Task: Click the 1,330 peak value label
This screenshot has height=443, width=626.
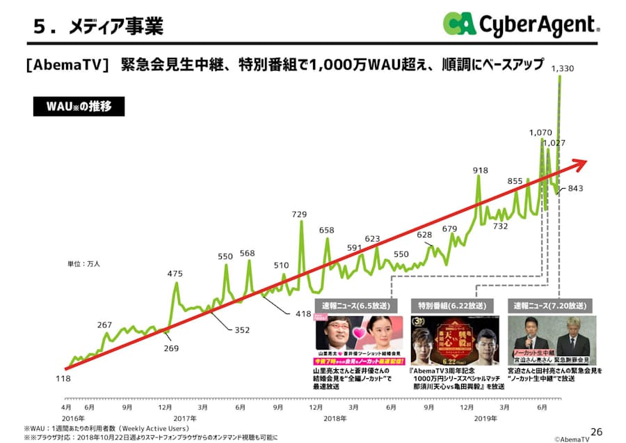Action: pos(562,68)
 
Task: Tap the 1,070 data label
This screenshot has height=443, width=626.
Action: pos(540,132)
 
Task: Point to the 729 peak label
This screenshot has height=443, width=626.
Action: pos(299,214)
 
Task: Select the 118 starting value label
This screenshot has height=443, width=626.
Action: pos(63,378)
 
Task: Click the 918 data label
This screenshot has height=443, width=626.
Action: pos(480,170)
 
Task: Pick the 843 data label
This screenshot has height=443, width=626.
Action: pos(576,188)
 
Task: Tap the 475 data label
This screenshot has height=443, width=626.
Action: pos(175,274)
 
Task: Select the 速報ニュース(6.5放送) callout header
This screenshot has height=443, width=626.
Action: pos(354,305)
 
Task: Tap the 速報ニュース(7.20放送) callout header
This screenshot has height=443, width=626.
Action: pos(550,305)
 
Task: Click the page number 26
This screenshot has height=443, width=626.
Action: pos(595,430)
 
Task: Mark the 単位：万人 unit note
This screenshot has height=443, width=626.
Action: pos(83,264)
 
